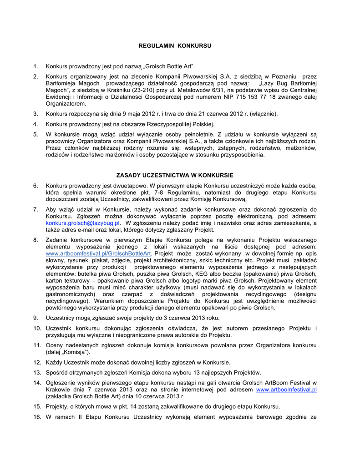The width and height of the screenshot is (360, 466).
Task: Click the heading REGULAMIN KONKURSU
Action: pos(175,46)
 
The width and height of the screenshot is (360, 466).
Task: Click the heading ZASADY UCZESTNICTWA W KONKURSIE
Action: pos(175,175)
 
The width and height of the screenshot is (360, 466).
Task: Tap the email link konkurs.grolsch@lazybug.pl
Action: pos(83,223)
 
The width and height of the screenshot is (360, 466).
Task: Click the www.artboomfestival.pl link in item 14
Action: pos(286,390)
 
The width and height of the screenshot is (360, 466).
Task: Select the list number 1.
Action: pos(35,67)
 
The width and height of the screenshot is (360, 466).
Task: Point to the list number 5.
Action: pos(35,134)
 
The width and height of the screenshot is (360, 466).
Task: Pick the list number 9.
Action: pos(35,318)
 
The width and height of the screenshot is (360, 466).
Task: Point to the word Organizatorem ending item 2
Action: pos(66,104)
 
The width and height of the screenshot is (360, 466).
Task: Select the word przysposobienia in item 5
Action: pos(242,155)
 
